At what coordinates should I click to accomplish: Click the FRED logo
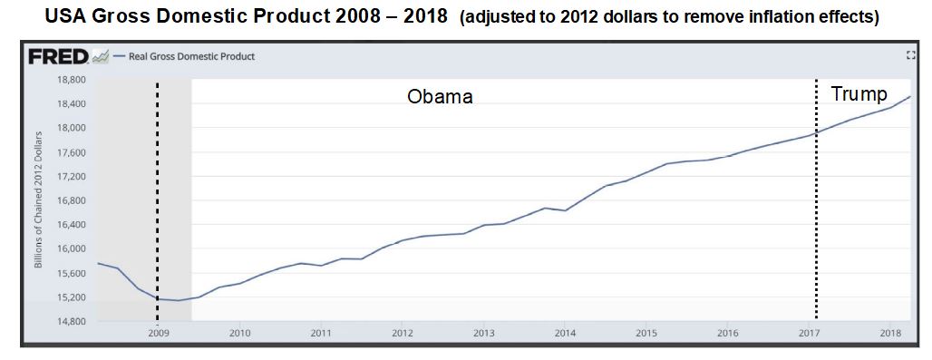[58, 57]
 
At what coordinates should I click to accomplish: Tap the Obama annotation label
[440, 97]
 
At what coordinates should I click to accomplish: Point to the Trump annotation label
[859, 94]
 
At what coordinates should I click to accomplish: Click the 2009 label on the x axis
[158, 334]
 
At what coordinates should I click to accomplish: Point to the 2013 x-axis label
[483, 334]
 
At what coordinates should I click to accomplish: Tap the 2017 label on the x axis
[808, 334]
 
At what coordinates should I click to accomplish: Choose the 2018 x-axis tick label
[889, 334]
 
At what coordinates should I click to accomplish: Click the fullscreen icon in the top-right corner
[910, 56]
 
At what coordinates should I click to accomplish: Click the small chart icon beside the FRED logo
[100, 57]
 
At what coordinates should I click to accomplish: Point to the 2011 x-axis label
[320, 334]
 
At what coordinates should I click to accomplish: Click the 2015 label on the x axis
[646, 334]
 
